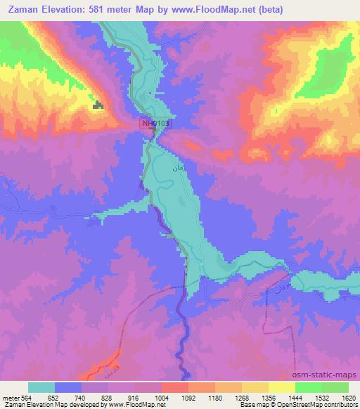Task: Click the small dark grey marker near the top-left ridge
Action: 98,105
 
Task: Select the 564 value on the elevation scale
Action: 25,398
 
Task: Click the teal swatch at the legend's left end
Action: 41,387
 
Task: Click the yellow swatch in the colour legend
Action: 281,387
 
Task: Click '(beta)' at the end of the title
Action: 276,8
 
